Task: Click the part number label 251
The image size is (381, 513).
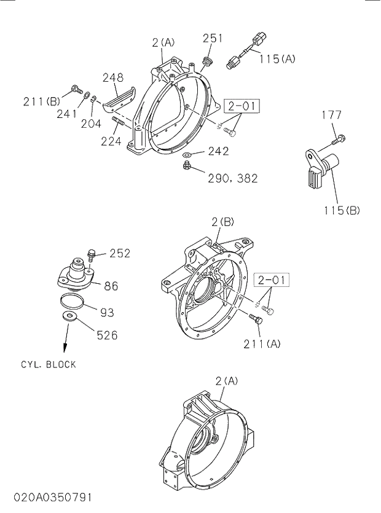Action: [213, 38]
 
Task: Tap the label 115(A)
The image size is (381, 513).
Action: [277, 59]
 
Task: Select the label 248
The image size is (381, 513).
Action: [113, 78]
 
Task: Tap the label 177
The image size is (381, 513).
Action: [331, 115]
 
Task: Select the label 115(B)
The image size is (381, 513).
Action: [342, 210]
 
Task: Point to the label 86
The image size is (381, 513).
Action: [111, 286]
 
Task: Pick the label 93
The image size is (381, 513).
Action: [107, 312]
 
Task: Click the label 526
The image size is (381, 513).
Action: [106, 335]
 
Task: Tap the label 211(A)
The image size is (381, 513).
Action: [261, 343]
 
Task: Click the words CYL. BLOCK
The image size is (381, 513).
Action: [49, 365]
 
